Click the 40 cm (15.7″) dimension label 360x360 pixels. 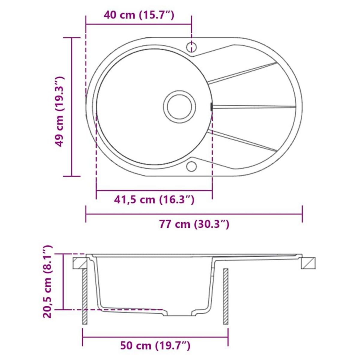[x=139, y=15]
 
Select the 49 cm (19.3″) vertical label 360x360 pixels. [x=59, y=111]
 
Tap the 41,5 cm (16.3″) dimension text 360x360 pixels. [x=154, y=199]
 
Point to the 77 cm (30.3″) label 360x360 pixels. [x=194, y=224]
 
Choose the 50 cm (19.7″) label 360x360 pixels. [x=155, y=346]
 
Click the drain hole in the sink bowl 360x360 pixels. [x=179, y=106]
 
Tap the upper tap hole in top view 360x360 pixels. [x=191, y=47]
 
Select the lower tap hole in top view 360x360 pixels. [x=191, y=166]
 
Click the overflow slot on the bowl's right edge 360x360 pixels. [x=211, y=106]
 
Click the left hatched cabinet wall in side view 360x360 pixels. [x=85, y=296]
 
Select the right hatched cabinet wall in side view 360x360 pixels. [x=226, y=296]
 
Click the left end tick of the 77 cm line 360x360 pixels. [x=86, y=214]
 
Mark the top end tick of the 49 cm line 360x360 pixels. [x=72, y=38]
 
